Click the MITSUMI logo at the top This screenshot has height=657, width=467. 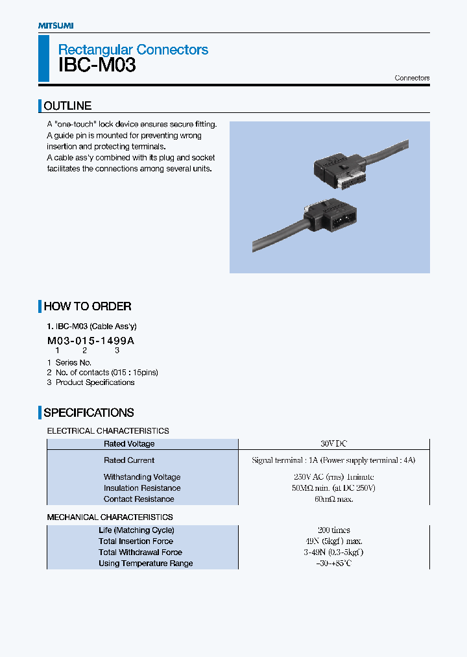coord(55,25)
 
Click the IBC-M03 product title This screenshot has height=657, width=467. coord(97,66)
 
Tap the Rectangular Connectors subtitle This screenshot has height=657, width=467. coord(133,49)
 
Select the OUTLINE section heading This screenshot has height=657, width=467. coord(67,106)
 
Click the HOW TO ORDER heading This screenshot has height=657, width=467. coord(87,306)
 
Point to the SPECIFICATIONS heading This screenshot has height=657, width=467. coord(88,413)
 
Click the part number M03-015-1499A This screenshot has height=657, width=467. coord(91,341)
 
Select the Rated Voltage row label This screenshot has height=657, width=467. coord(129,444)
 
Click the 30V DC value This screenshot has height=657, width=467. coord(333,444)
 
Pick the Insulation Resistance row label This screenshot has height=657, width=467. coord(142,488)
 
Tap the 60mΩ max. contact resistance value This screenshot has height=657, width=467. coord(333,499)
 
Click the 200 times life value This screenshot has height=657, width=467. coord(333,530)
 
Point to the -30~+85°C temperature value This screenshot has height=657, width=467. coord(333,564)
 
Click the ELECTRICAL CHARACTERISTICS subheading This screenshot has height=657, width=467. coord(108,431)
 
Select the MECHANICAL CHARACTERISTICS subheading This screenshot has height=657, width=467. coord(110,517)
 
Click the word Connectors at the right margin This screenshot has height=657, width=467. coord(412,78)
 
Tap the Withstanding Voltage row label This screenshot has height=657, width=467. coord(142,477)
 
